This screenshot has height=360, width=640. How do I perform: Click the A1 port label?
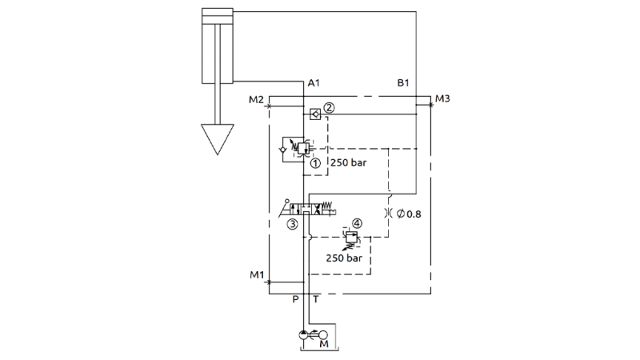(x=314, y=83)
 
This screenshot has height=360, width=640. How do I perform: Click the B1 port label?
(x=404, y=83)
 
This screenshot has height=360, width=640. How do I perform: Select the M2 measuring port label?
(x=256, y=100)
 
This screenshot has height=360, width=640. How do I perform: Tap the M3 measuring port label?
(x=443, y=100)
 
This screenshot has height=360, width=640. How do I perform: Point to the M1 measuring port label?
(x=256, y=276)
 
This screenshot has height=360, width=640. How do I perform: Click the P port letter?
(x=295, y=299)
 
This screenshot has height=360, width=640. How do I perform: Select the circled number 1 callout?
(x=316, y=162)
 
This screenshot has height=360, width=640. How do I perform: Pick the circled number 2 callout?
(x=328, y=106)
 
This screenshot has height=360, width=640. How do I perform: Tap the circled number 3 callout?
(x=294, y=224)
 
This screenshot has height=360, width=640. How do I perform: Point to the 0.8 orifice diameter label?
(x=407, y=214)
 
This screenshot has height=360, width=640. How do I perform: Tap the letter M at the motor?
(x=324, y=345)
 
